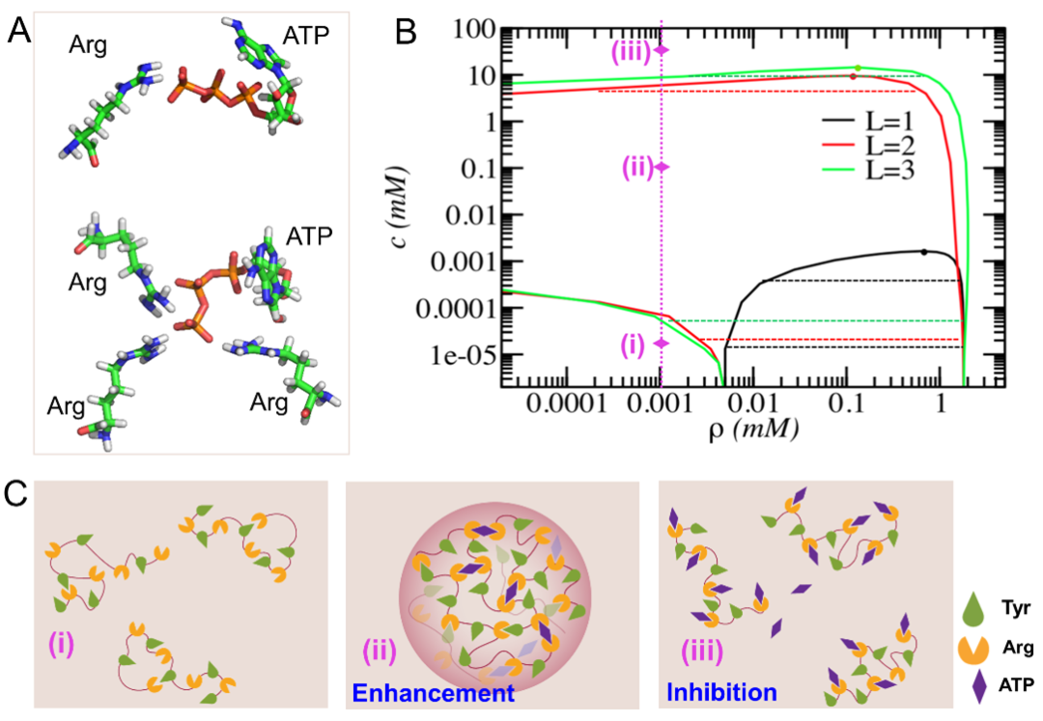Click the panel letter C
[18, 497]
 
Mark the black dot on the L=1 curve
[924, 252]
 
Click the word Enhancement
[432, 693]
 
